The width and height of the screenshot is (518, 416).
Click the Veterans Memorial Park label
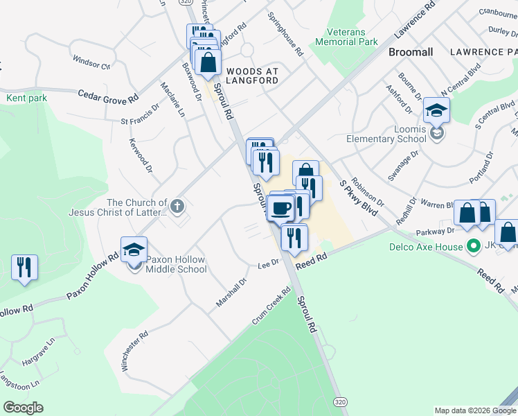tap(346, 37)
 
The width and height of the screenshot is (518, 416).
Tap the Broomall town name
tap(411, 52)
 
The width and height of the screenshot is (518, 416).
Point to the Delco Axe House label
tap(434, 247)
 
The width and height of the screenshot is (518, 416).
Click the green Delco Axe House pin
tap(474, 246)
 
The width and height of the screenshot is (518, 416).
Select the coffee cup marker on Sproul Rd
tap(281, 207)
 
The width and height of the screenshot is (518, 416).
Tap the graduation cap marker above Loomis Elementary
tap(437, 111)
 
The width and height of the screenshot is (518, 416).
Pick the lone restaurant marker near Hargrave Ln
tap(24, 267)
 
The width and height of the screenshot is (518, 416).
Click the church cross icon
tap(177, 205)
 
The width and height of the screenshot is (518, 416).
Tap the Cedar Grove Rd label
tap(108, 96)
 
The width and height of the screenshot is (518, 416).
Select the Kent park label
tap(26, 98)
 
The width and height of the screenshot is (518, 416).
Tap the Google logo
tap(23, 407)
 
